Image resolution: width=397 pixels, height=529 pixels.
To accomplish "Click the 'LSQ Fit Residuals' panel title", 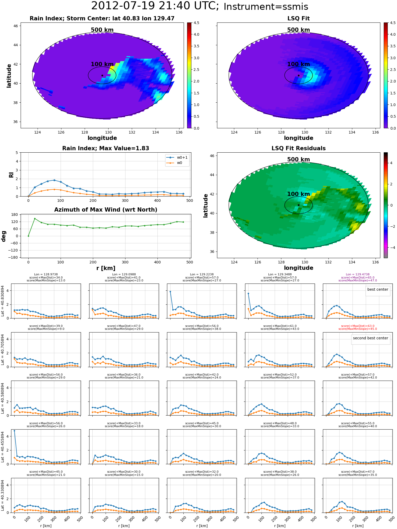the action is [299, 148].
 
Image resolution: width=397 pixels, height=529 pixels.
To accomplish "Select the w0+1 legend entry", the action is [177, 157].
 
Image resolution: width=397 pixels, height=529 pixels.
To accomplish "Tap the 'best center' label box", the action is [378, 289].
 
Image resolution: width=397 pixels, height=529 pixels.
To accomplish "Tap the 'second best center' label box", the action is [371, 338].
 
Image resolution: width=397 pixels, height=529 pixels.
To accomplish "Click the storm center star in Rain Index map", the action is [102, 75].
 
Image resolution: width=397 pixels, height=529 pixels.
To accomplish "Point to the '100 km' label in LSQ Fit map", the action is [299, 64].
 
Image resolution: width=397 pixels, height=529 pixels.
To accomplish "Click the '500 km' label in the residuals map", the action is [299, 159].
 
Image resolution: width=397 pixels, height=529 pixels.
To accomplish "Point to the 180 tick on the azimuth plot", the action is [15, 215].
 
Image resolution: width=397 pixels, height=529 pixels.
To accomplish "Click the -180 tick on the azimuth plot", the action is [13, 257].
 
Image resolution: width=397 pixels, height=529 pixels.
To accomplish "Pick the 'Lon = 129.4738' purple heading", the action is [358, 275].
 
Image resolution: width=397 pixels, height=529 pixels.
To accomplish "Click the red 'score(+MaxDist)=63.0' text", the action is [358, 326].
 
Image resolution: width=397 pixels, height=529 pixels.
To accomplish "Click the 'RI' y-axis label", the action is [11, 175].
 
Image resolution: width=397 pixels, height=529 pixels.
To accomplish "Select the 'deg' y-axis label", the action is [3, 236].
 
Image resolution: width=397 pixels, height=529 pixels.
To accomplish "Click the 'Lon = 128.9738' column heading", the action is [46, 275].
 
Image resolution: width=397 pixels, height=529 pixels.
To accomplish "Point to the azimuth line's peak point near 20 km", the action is [35, 218].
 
